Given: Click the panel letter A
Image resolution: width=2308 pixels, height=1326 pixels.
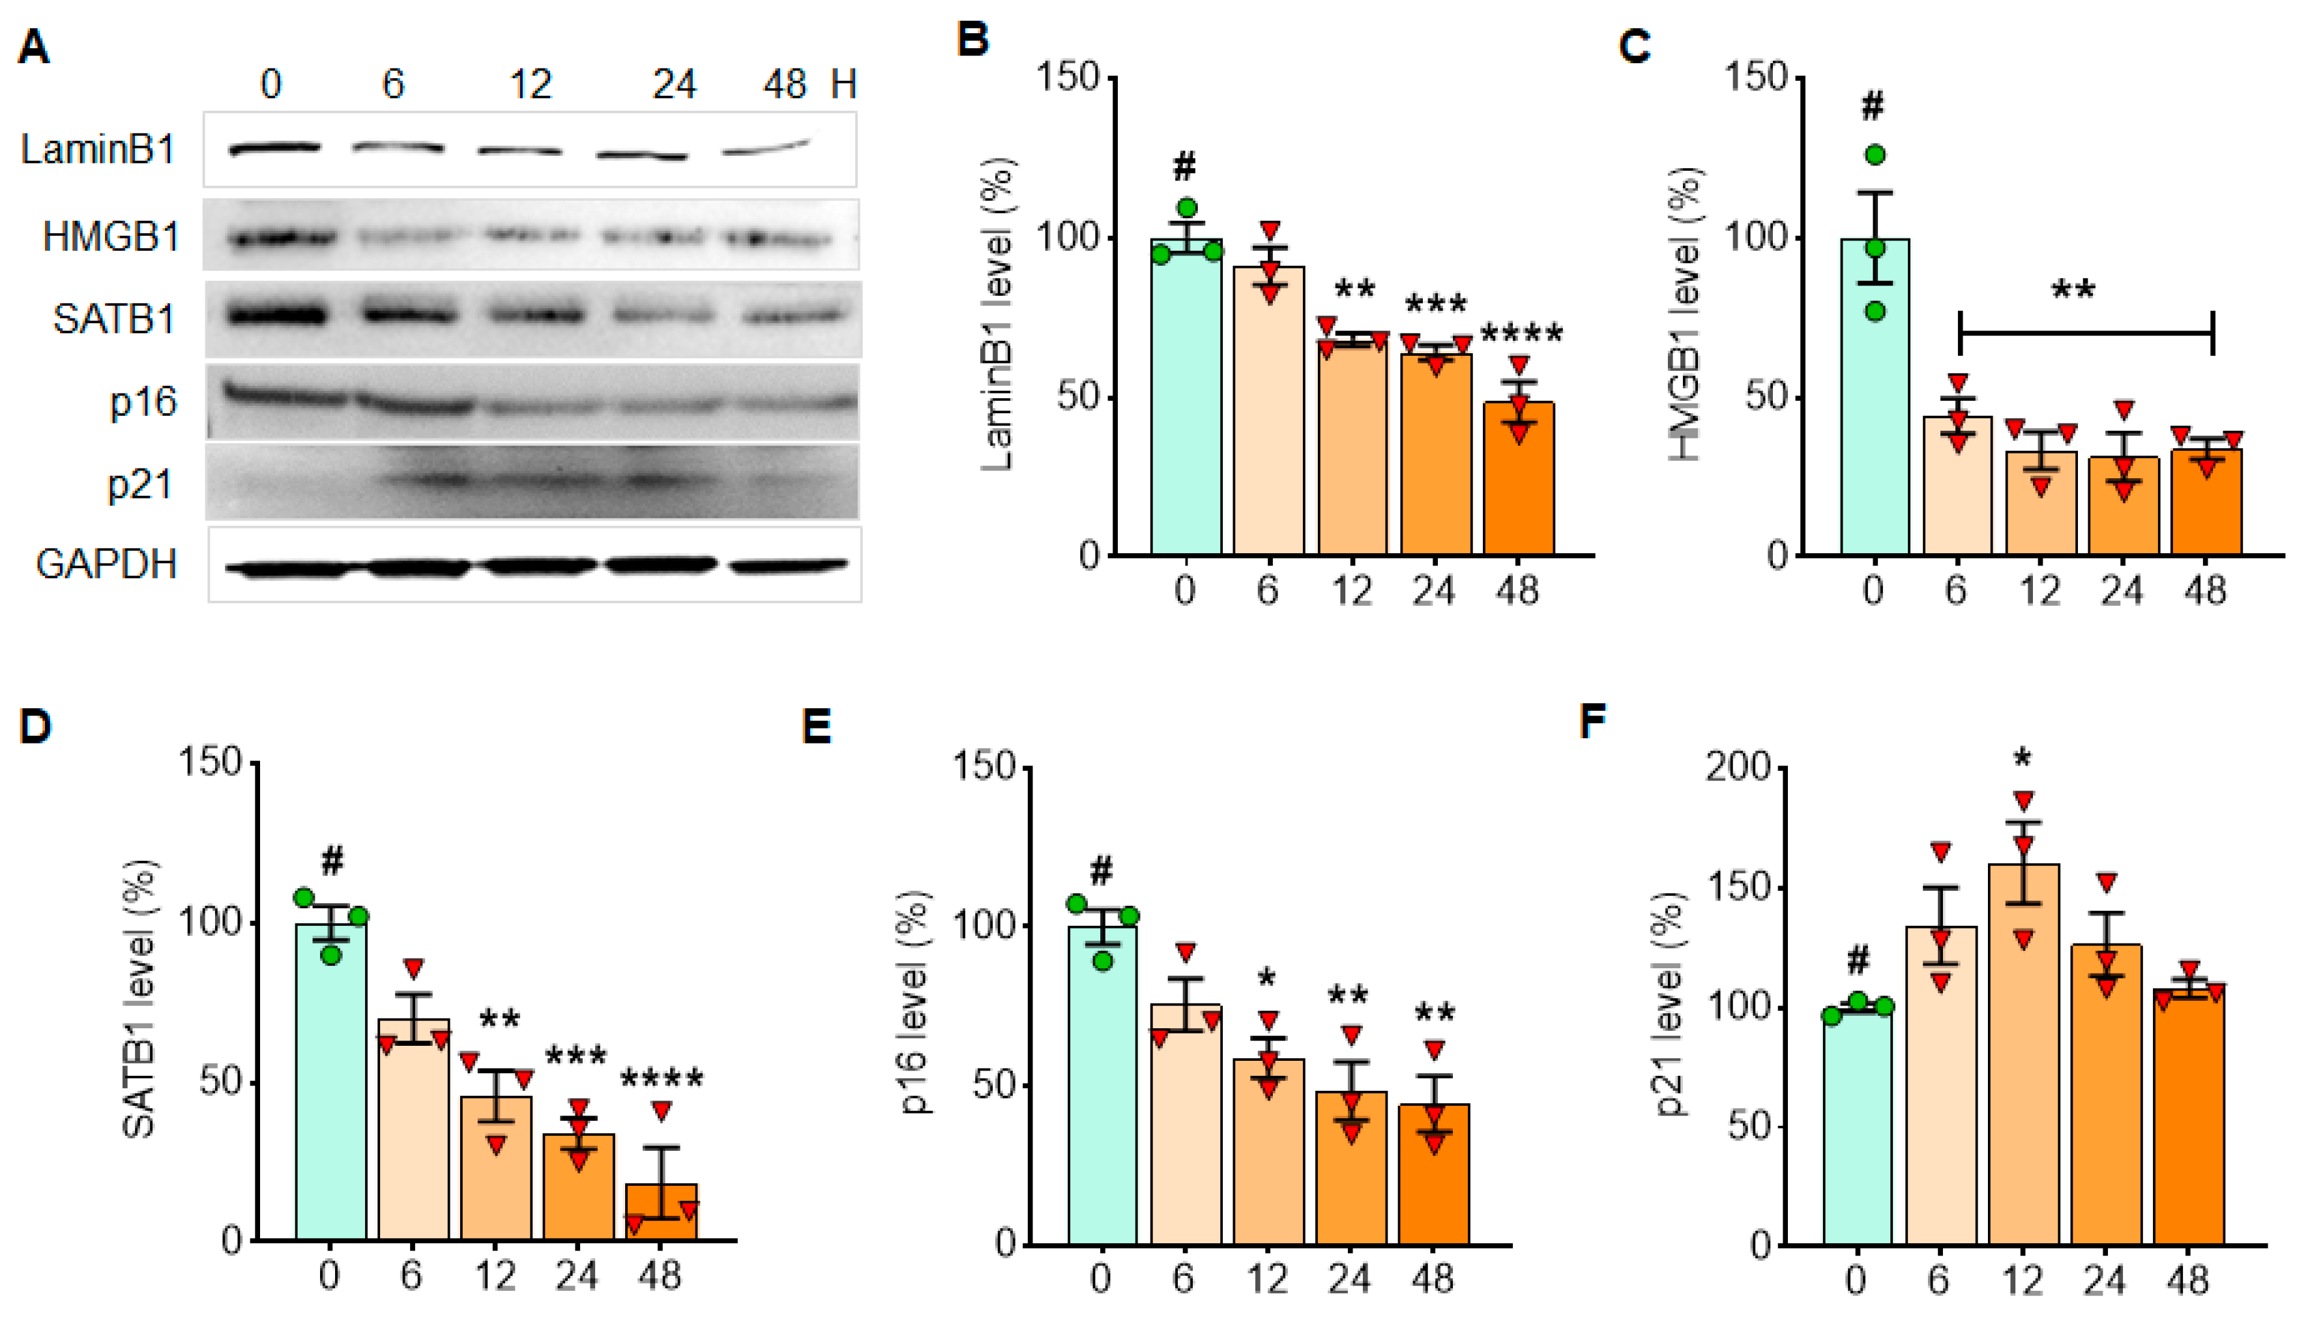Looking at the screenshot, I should [x=34, y=46].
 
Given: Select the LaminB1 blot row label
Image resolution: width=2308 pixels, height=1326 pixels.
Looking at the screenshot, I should [x=98, y=149].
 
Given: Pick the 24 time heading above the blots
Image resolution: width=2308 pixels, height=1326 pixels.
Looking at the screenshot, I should [x=674, y=85].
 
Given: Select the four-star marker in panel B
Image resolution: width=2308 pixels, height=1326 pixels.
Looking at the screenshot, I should [x=1521, y=334].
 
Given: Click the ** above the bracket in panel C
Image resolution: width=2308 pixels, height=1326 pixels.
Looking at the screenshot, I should [x=2073, y=291].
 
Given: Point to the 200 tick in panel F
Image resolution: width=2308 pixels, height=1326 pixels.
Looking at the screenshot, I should [x=1738, y=768].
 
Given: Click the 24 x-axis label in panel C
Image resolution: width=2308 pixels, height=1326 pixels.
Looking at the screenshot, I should [x=2122, y=591].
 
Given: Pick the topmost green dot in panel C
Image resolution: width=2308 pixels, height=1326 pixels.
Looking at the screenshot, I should [x=1875, y=155].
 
